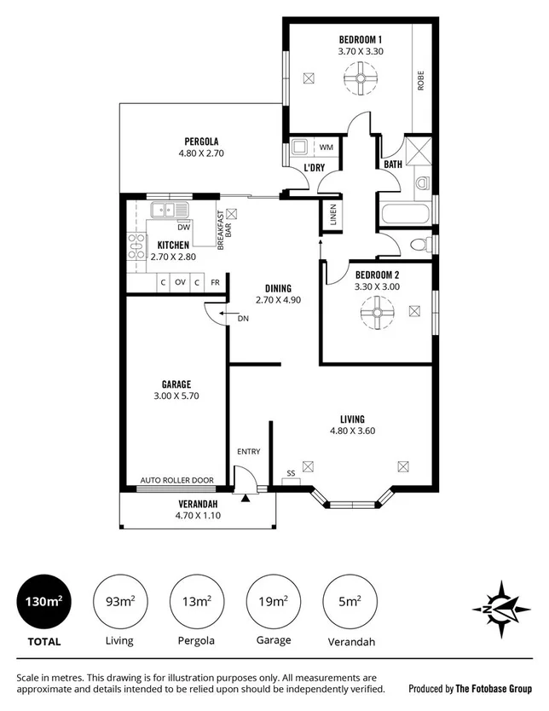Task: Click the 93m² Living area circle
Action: pyautogui.click(x=118, y=602)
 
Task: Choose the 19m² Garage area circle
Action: pyautogui.click(x=272, y=602)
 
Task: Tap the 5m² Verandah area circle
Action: pyautogui.click(x=349, y=602)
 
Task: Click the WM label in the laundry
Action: pyautogui.click(x=325, y=147)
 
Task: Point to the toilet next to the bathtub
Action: pyautogui.click(x=419, y=245)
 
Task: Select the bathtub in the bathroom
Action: pyautogui.click(x=404, y=213)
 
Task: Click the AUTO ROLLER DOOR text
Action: pyautogui.click(x=176, y=480)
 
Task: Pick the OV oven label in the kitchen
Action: pyautogui.click(x=180, y=282)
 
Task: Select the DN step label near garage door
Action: pyautogui.click(x=243, y=318)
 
